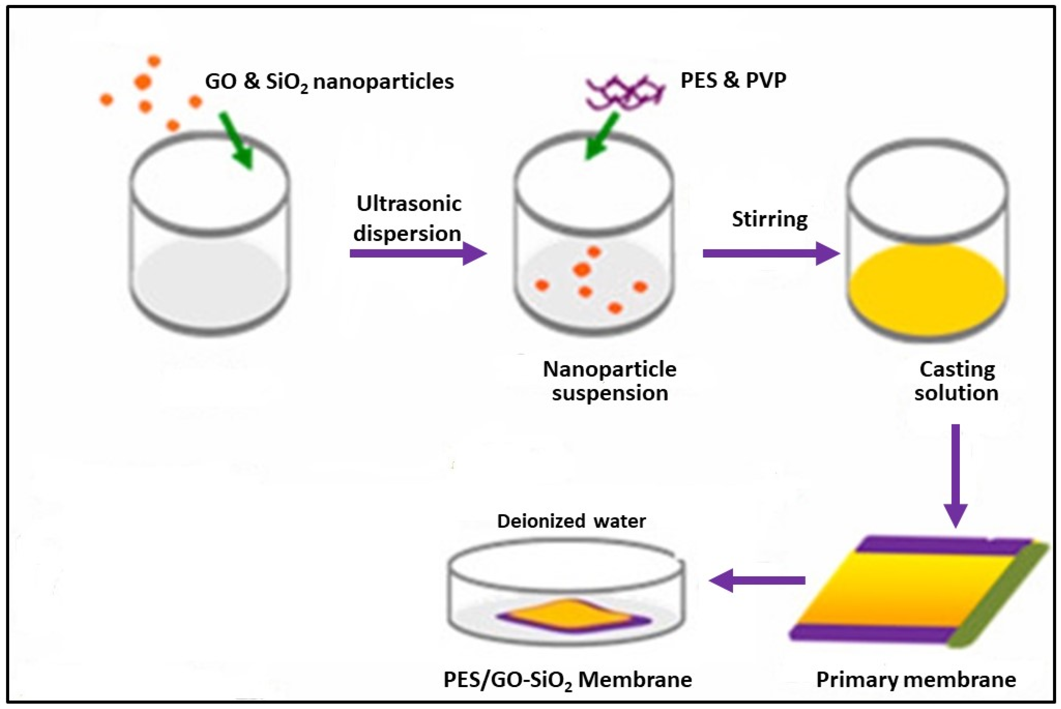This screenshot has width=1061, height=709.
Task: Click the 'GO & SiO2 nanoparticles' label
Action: click(329, 82)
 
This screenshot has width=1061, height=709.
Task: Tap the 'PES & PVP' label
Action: click(733, 80)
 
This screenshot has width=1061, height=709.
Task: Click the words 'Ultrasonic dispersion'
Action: click(408, 219)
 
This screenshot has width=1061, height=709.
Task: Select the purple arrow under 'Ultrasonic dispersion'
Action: click(417, 253)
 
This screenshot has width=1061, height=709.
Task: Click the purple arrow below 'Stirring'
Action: click(770, 253)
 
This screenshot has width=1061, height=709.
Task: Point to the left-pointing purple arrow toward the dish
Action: click(757, 581)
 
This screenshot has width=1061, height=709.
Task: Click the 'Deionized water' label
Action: click(571, 521)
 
